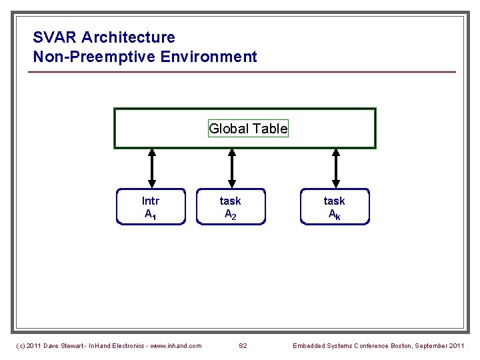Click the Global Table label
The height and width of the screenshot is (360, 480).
point(248,129)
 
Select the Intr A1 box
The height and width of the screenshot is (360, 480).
point(151,207)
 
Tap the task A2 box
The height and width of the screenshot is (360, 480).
point(230,207)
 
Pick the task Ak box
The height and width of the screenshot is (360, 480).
point(334,207)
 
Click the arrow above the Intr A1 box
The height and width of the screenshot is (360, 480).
point(152,169)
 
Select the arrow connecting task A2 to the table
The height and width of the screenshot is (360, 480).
point(231,169)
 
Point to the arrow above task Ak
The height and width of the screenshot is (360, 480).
point(336,169)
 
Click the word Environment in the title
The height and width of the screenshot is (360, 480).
point(209,57)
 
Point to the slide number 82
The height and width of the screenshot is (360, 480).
point(243,345)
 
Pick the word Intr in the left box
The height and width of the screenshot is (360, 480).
point(151,201)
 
